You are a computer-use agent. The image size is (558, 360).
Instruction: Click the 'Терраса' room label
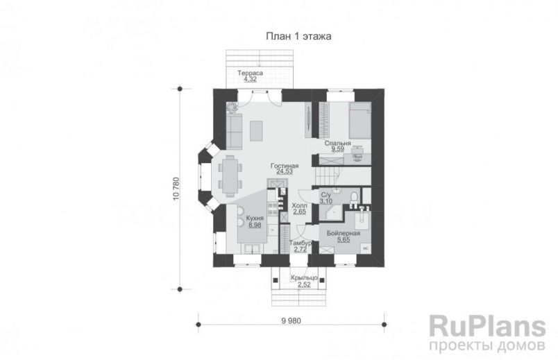click(x=249, y=73)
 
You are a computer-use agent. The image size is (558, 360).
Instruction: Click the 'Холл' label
click(x=300, y=205)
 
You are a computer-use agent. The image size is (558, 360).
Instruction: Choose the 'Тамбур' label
click(x=301, y=243)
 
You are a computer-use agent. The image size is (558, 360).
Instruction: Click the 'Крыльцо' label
click(x=304, y=277)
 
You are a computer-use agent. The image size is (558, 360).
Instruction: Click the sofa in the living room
click(x=234, y=130)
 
